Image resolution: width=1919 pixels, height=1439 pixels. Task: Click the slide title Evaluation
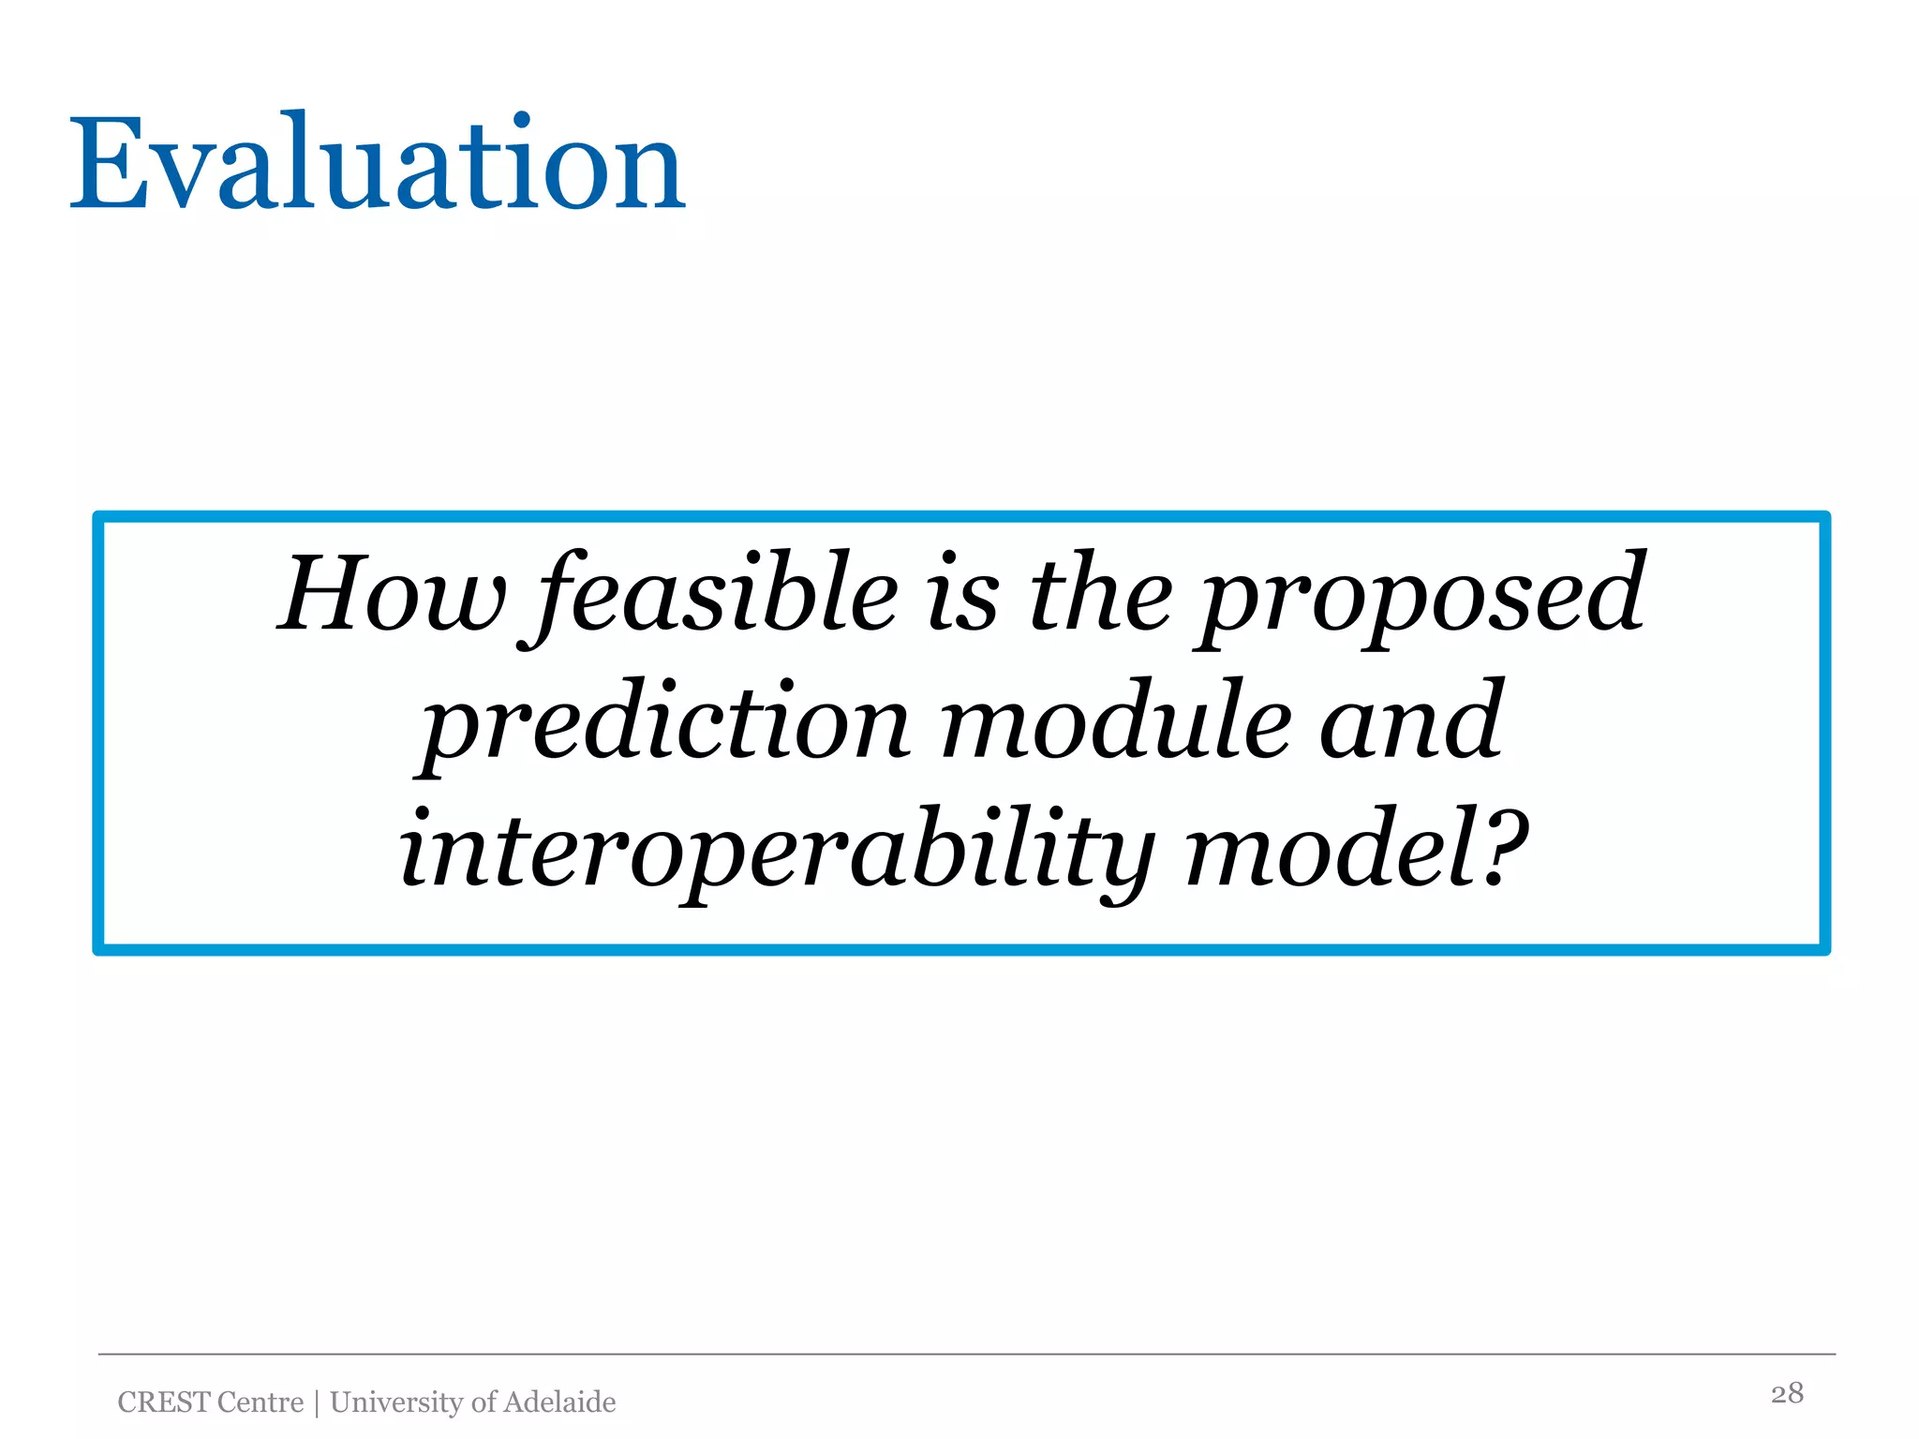tap(378, 165)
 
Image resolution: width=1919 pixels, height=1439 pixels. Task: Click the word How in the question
tap(391, 594)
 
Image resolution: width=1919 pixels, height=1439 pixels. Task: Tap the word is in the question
tap(963, 594)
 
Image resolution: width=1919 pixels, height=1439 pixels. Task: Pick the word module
tap(1115, 721)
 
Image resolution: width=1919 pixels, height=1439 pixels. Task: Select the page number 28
tap(1787, 1393)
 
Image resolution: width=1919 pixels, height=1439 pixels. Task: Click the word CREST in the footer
tap(164, 1402)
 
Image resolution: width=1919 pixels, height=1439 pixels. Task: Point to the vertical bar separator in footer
tap(317, 1402)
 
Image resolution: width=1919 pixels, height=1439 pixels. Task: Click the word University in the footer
tap(397, 1402)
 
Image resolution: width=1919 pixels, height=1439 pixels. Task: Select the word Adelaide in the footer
tap(559, 1402)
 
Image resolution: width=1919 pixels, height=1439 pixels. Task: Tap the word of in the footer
tap(483, 1402)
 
